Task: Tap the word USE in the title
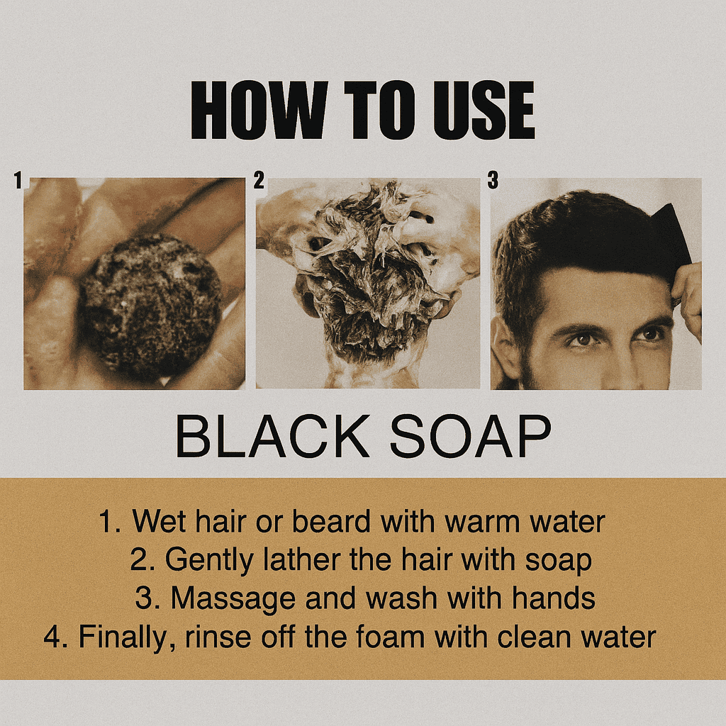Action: (x=484, y=110)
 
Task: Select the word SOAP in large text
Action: (x=471, y=436)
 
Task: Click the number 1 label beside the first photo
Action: (x=18, y=180)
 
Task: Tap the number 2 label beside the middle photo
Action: (x=259, y=180)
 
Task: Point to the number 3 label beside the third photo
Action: (x=493, y=180)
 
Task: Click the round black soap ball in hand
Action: (x=150, y=306)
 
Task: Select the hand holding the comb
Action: (x=688, y=296)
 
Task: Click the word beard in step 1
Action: (x=330, y=521)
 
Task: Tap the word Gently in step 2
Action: (x=209, y=561)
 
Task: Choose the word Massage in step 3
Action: (x=233, y=598)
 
